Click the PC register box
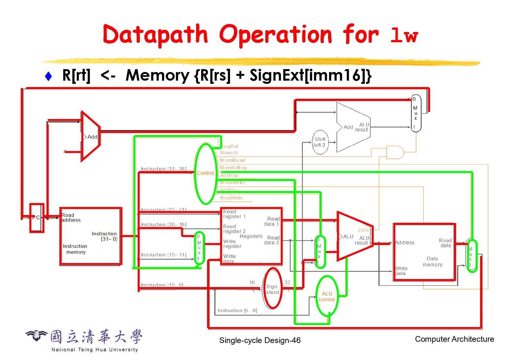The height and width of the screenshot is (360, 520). point(36,218)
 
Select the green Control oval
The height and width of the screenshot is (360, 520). point(205,173)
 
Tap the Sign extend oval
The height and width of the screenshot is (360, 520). point(272,289)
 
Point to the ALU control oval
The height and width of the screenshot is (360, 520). point(327,296)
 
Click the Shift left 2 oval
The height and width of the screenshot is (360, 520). point(320,142)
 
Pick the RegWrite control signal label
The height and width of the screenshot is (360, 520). point(231,198)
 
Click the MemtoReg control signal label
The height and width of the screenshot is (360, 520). point(233,168)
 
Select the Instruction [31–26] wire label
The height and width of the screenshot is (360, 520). point(164,169)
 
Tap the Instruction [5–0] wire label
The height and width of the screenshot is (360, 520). point(237,310)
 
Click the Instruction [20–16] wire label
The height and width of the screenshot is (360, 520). point(164,225)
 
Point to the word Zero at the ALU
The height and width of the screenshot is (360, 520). point(363,230)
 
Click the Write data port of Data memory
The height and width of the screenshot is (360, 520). point(401,271)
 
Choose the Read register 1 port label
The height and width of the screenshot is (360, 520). point(234,214)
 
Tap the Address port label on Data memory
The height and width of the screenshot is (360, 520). point(405,243)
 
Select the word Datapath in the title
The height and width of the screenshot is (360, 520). point(155,35)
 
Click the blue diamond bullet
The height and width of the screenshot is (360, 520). point(48,76)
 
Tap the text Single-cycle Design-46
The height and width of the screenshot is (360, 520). point(260,340)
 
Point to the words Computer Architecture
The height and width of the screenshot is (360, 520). point(454,339)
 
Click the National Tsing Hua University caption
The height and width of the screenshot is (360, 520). point(95,349)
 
